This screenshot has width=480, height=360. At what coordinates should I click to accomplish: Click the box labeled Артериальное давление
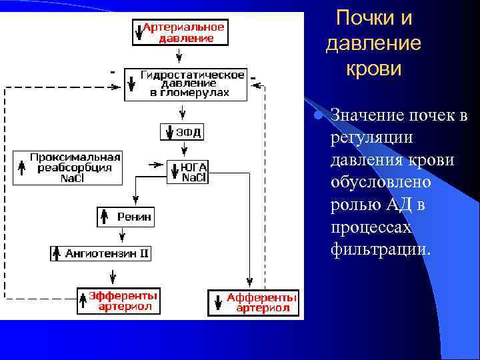[180, 31]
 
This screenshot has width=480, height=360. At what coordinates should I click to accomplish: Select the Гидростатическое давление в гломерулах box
[185, 83]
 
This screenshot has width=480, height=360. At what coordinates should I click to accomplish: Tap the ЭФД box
[181, 132]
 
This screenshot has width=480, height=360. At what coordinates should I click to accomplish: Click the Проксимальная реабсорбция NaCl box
[67, 167]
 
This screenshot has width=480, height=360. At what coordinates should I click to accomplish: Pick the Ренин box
[126, 216]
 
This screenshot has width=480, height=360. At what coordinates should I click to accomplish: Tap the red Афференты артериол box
[254, 302]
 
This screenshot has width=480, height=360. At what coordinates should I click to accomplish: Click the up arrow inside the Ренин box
[105, 216]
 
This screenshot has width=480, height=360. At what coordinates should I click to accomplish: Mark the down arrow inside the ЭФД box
[168, 132]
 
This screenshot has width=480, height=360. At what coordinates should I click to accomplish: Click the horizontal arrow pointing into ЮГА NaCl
[155, 163]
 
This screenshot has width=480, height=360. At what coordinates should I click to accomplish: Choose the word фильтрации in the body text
[381, 250]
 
